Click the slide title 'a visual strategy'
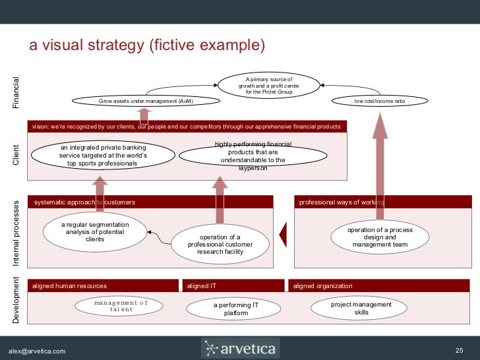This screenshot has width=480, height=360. click(x=146, y=45)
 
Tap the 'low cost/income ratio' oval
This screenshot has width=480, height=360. click(x=380, y=101)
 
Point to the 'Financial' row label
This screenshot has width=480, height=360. click(x=16, y=93)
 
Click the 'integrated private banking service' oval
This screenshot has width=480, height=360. click(x=102, y=155)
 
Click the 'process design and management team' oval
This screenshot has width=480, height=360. click(x=380, y=237)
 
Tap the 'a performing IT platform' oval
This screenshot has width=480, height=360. click(x=235, y=309)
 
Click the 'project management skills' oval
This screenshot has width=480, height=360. click(x=361, y=308)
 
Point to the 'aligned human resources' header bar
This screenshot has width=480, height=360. click(x=103, y=286)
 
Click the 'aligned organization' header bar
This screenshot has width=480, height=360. click(x=379, y=286)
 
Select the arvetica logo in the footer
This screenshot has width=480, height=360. click(x=240, y=347)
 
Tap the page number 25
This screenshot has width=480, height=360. click(x=460, y=350)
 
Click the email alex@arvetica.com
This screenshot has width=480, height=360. click(x=37, y=351)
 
